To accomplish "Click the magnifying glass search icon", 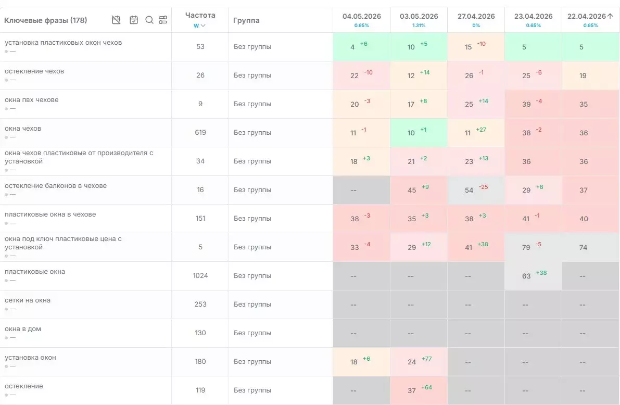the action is (x=149, y=20).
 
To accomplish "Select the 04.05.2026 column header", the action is (x=361, y=16).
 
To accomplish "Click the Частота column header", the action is (x=200, y=16).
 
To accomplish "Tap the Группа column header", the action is (x=246, y=20).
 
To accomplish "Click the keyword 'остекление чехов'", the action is (x=34, y=71).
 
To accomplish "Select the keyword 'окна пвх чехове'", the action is (x=32, y=99).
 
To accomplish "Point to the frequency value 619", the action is (x=200, y=133).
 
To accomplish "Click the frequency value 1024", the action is (x=200, y=276).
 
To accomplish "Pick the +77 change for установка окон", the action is (x=427, y=359).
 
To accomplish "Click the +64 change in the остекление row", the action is (x=427, y=387).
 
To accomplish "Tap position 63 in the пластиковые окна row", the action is (x=526, y=276).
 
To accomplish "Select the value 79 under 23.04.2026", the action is (x=526, y=248).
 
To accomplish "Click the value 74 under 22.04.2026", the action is (x=583, y=248).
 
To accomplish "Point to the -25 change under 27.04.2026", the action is (x=483, y=187).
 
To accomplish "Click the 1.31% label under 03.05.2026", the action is (x=419, y=26).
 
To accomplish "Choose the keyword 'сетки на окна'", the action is (x=28, y=300).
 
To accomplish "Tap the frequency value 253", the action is (x=200, y=304).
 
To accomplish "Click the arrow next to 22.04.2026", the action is (x=610, y=16).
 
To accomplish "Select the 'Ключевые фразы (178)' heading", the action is (x=45, y=20).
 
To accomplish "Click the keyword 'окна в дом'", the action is (x=23, y=328).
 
